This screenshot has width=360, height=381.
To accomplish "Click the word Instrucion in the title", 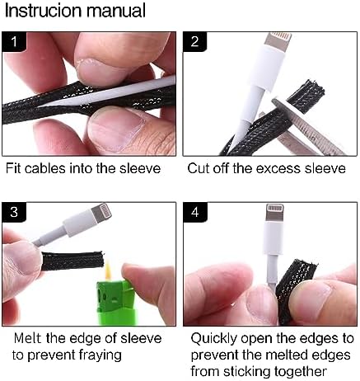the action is pos(44,11).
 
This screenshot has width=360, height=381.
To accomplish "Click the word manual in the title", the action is pos(116,11).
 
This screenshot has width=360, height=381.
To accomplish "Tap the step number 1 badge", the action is pos(14,42).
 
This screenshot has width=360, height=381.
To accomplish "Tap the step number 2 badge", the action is pos(194,42).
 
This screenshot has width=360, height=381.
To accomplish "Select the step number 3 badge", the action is pos(14,212).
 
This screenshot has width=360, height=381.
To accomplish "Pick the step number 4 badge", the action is pos(195,212).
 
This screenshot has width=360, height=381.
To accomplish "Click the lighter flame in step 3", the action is pos(109,270).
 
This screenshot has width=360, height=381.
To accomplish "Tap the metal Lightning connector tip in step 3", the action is pos(101,213).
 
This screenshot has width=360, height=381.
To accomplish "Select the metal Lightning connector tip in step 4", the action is pos(274,213).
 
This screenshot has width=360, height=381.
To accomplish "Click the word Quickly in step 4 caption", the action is pos(213,339).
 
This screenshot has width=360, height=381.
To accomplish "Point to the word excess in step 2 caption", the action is pos(278,168).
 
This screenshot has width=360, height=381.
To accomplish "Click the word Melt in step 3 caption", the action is pos(28,338).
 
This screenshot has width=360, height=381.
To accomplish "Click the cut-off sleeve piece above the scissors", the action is pos(306,96).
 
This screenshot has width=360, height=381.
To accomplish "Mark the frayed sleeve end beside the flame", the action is pos(73,261).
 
